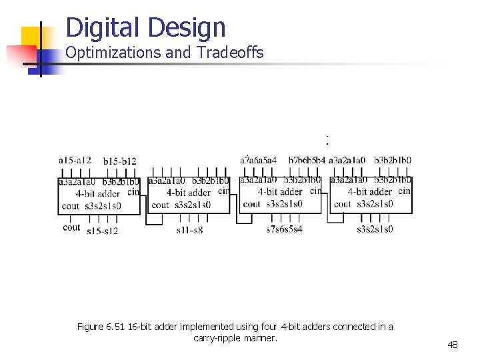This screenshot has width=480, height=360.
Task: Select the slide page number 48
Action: (453, 345)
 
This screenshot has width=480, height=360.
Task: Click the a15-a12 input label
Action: (75, 160)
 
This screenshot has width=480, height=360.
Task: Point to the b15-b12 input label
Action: (120, 161)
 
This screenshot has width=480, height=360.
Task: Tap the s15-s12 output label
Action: (102, 231)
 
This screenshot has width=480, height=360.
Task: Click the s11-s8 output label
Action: (189, 230)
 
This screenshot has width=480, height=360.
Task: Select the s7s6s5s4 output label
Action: (284, 229)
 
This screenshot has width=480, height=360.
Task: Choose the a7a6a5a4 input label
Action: (258, 160)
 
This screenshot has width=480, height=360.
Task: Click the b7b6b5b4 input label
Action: (307, 160)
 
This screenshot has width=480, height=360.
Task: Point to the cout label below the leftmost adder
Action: (71, 227)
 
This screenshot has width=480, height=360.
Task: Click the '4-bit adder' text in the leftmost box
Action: (98, 193)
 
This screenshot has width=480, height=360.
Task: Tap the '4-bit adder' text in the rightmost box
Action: (370, 192)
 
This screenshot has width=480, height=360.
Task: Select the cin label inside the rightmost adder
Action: (404, 191)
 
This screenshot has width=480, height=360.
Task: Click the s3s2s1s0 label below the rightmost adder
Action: (375, 229)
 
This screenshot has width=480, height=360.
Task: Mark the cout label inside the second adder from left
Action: (161, 205)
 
